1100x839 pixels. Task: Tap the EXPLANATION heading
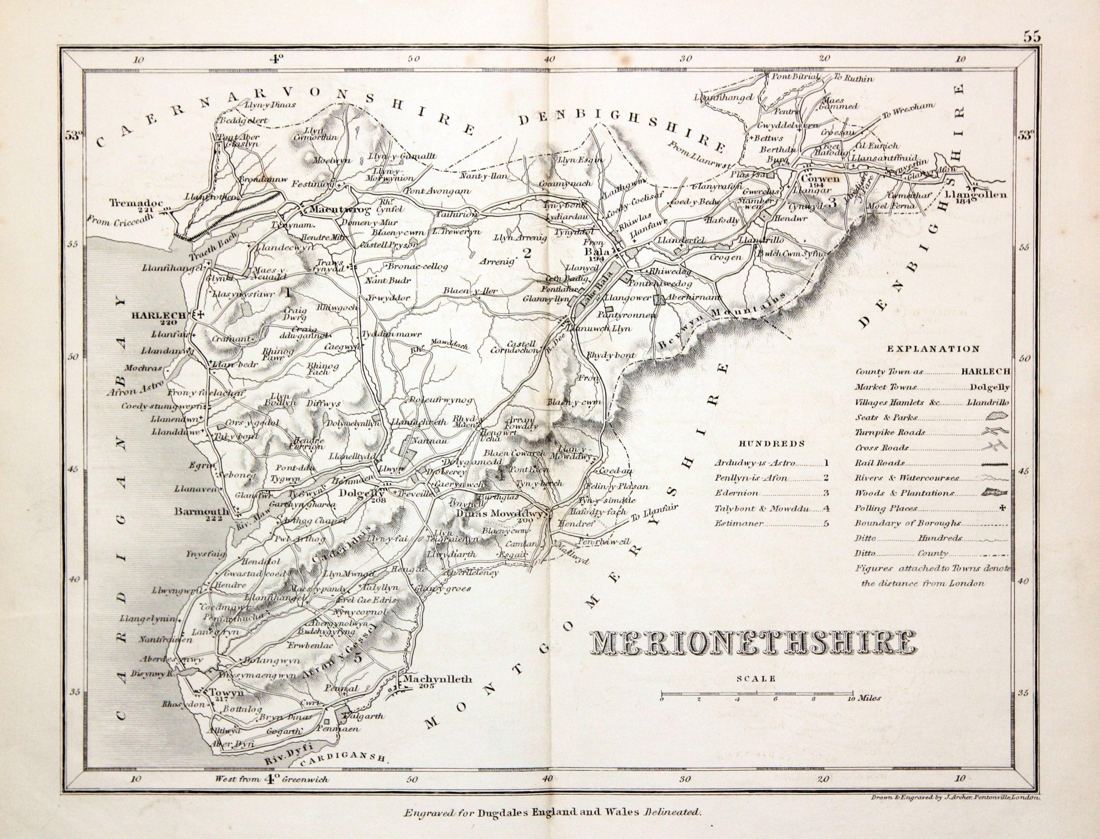tap(933, 349)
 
